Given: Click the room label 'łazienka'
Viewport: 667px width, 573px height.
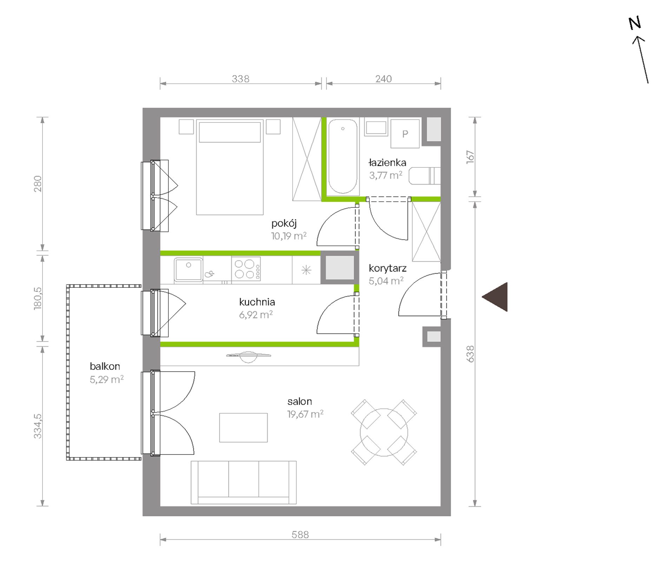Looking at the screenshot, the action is (x=387, y=163).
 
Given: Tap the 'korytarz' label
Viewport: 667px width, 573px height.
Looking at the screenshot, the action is (x=388, y=268).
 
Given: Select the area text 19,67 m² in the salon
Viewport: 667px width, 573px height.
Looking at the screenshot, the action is (x=305, y=414).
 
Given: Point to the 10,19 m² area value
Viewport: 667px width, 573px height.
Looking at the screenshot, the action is (x=289, y=236).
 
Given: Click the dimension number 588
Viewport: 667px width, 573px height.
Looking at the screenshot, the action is (x=300, y=534).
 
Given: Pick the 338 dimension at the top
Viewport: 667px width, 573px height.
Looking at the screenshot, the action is (x=240, y=79).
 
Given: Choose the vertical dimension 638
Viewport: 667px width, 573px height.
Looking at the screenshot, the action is (x=470, y=354).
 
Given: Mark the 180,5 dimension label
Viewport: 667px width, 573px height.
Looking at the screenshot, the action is (x=38, y=298).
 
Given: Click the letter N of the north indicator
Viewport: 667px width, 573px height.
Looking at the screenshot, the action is (x=635, y=24).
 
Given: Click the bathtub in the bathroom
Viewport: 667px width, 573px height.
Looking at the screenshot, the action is (x=343, y=156).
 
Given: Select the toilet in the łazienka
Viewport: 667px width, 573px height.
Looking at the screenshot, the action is (x=424, y=176).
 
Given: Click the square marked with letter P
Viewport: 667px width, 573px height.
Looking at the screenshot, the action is (x=405, y=134).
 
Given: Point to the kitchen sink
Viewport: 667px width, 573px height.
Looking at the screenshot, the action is (x=189, y=269).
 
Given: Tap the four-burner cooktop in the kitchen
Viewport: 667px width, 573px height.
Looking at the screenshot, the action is (x=246, y=269).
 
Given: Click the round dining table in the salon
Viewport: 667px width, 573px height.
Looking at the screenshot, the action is (x=384, y=432).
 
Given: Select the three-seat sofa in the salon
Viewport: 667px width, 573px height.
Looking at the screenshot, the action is (x=244, y=482).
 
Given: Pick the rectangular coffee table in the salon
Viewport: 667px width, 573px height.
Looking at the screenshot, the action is (x=243, y=427).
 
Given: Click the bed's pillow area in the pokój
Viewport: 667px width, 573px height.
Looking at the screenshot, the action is (x=230, y=132).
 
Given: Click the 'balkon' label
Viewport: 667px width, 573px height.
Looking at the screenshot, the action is (x=105, y=366).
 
